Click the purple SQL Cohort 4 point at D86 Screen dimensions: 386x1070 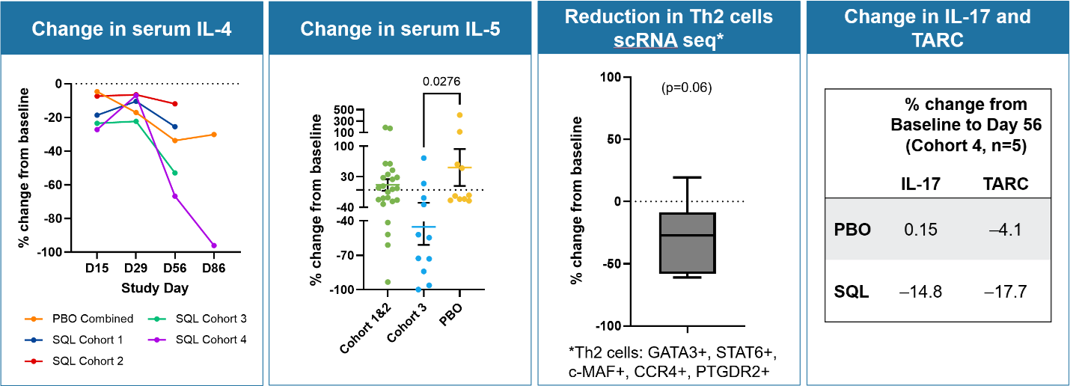[x=214, y=245]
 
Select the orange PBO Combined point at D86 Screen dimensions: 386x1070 [x=214, y=135]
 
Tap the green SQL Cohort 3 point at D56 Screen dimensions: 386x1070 [x=175, y=173]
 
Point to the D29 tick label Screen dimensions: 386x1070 [x=135, y=267]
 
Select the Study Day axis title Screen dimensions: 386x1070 [x=156, y=287]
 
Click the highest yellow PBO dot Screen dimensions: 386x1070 [x=460, y=115]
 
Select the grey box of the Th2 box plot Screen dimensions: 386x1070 [x=687, y=243]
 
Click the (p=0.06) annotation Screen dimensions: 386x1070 [x=685, y=88]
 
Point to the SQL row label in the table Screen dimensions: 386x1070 [x=852, y=292]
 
